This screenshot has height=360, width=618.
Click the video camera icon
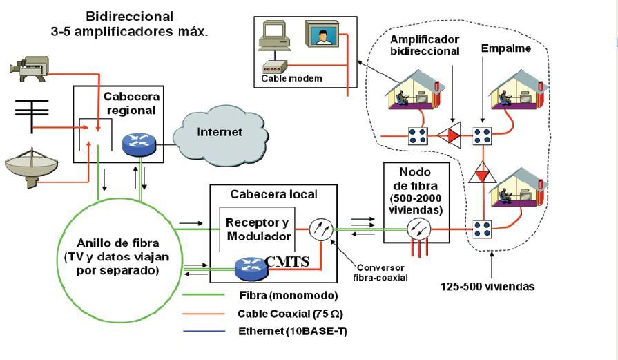point(28,67)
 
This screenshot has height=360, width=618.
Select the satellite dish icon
point(31,166)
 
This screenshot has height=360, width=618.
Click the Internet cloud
point(220,132)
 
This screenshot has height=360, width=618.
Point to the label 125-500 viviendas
point(487,286)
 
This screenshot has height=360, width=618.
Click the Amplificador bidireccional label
point(425,44)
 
